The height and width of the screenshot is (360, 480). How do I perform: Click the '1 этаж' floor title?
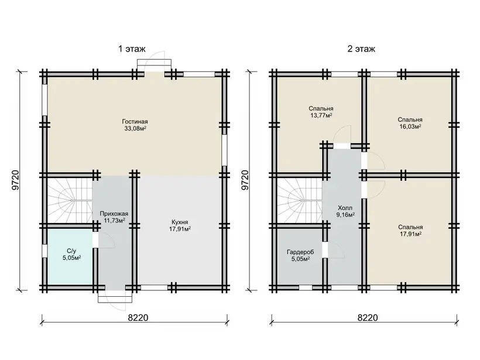pyautogui.click(x=132, y=49)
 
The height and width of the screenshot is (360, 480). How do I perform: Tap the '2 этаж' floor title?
pyautogui.click(x=361, y=49)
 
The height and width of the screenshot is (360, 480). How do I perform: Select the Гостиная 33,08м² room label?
pyautogui.click(x=135, y=125)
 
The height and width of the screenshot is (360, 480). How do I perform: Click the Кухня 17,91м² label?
pyautogui.click(x=180, y=225)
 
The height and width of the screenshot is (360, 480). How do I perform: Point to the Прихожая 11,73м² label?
pyautogui.click(x=114, y=217)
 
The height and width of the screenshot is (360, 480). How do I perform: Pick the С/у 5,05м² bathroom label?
pyautogui.click(x=72, y=255)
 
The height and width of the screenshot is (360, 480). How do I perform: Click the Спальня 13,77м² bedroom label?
pyautogui.click(x=321, y=112)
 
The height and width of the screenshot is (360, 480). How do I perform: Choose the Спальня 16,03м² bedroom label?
pyautogui.click(x=410, y=123)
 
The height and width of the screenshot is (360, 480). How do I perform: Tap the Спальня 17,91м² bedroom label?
pyautogui.click(x=410, y=231)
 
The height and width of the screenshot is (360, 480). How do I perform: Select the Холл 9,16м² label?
pyautogui.click(x=345, y=211)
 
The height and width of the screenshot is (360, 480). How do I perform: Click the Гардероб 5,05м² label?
pyautogui.click(x=300, y=255)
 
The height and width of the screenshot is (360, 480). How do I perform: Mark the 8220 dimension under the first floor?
pyautogui.click(x=138, y=318)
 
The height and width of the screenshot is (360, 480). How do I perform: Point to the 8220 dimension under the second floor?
pyautogui.click(x=368, y=318)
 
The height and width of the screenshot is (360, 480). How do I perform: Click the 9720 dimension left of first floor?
pyautogui.click(x=16, y=180)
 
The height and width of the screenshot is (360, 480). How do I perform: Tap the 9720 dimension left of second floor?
pyautogui.click(x=245, y=180)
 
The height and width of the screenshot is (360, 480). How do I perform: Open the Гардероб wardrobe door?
pyautogui.click(x=334, y=250)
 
